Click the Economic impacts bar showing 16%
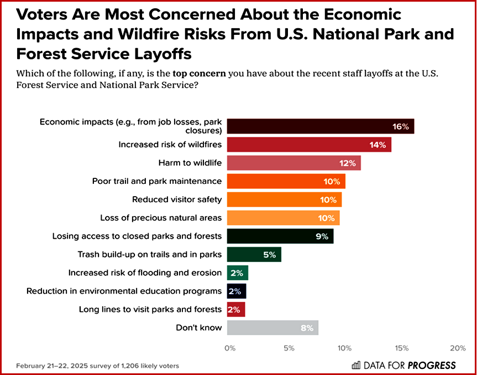tap(320, 126)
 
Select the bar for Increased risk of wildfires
tap(309, 145)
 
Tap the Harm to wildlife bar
tap(293, 163)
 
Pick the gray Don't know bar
tap(272, 327)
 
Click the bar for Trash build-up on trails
tap(254, 254)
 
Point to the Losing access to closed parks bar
tap(280, 236)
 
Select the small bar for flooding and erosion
tap(237, 273)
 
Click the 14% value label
tap(378, 145)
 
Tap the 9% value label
tap(321, 237)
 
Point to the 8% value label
tap(307, 328)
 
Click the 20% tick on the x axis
tap(457, 348)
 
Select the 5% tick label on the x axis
tap(288, 348)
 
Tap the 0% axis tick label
tap(230, 348)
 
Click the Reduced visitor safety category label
tap(177, 199)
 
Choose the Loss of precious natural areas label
tap(161, 218)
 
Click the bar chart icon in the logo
tap(356, 365)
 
